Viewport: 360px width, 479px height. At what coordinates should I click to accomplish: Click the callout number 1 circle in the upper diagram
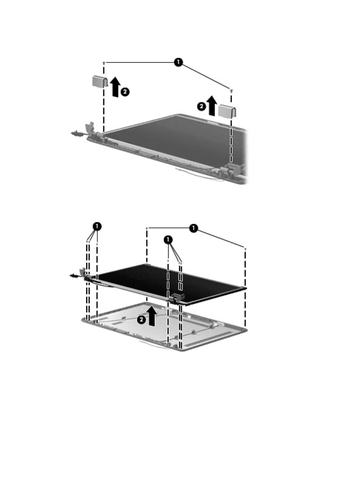click(x=178, y=62)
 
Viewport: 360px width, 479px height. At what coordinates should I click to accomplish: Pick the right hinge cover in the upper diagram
click(x=227, y=111)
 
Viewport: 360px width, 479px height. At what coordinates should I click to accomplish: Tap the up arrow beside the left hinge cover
click(x=115, y=87)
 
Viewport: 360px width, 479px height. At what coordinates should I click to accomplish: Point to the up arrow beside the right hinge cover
click(x=212, y=106)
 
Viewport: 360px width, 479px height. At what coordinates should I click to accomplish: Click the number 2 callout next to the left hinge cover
click(x=125, y=92)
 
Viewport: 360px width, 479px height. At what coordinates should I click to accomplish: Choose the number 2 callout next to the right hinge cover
click(x=201, y=107)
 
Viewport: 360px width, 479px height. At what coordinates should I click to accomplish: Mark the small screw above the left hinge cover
click(x=104, y=63)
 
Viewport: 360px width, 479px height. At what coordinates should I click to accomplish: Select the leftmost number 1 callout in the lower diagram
click(x=97, y=226)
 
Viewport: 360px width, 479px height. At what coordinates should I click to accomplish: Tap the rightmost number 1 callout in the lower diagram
click(x=193, y=228)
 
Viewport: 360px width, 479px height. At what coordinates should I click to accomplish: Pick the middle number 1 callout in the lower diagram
click(x=168, y=240)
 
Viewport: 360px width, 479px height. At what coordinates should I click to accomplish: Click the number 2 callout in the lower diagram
click(x=142, y=320)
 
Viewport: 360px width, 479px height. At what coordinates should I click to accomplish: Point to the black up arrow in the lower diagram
click(x=152, y=316)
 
